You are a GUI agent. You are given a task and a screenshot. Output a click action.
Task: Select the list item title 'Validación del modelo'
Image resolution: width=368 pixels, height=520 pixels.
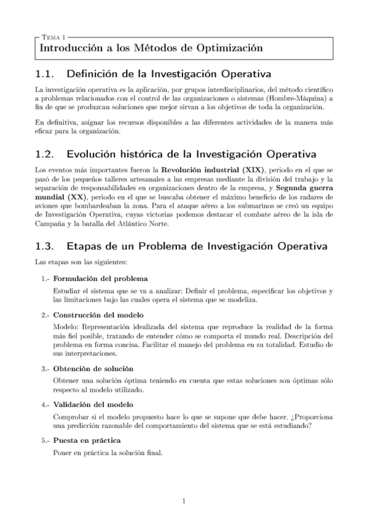pyautogui.click(x=92, y=405)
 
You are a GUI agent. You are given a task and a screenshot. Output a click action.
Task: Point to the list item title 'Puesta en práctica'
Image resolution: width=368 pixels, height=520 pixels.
pyautogui.click(x=87, y=441)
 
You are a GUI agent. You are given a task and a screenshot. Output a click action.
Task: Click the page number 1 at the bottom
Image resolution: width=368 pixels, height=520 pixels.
pyautogui.click(x=184, y=502)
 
